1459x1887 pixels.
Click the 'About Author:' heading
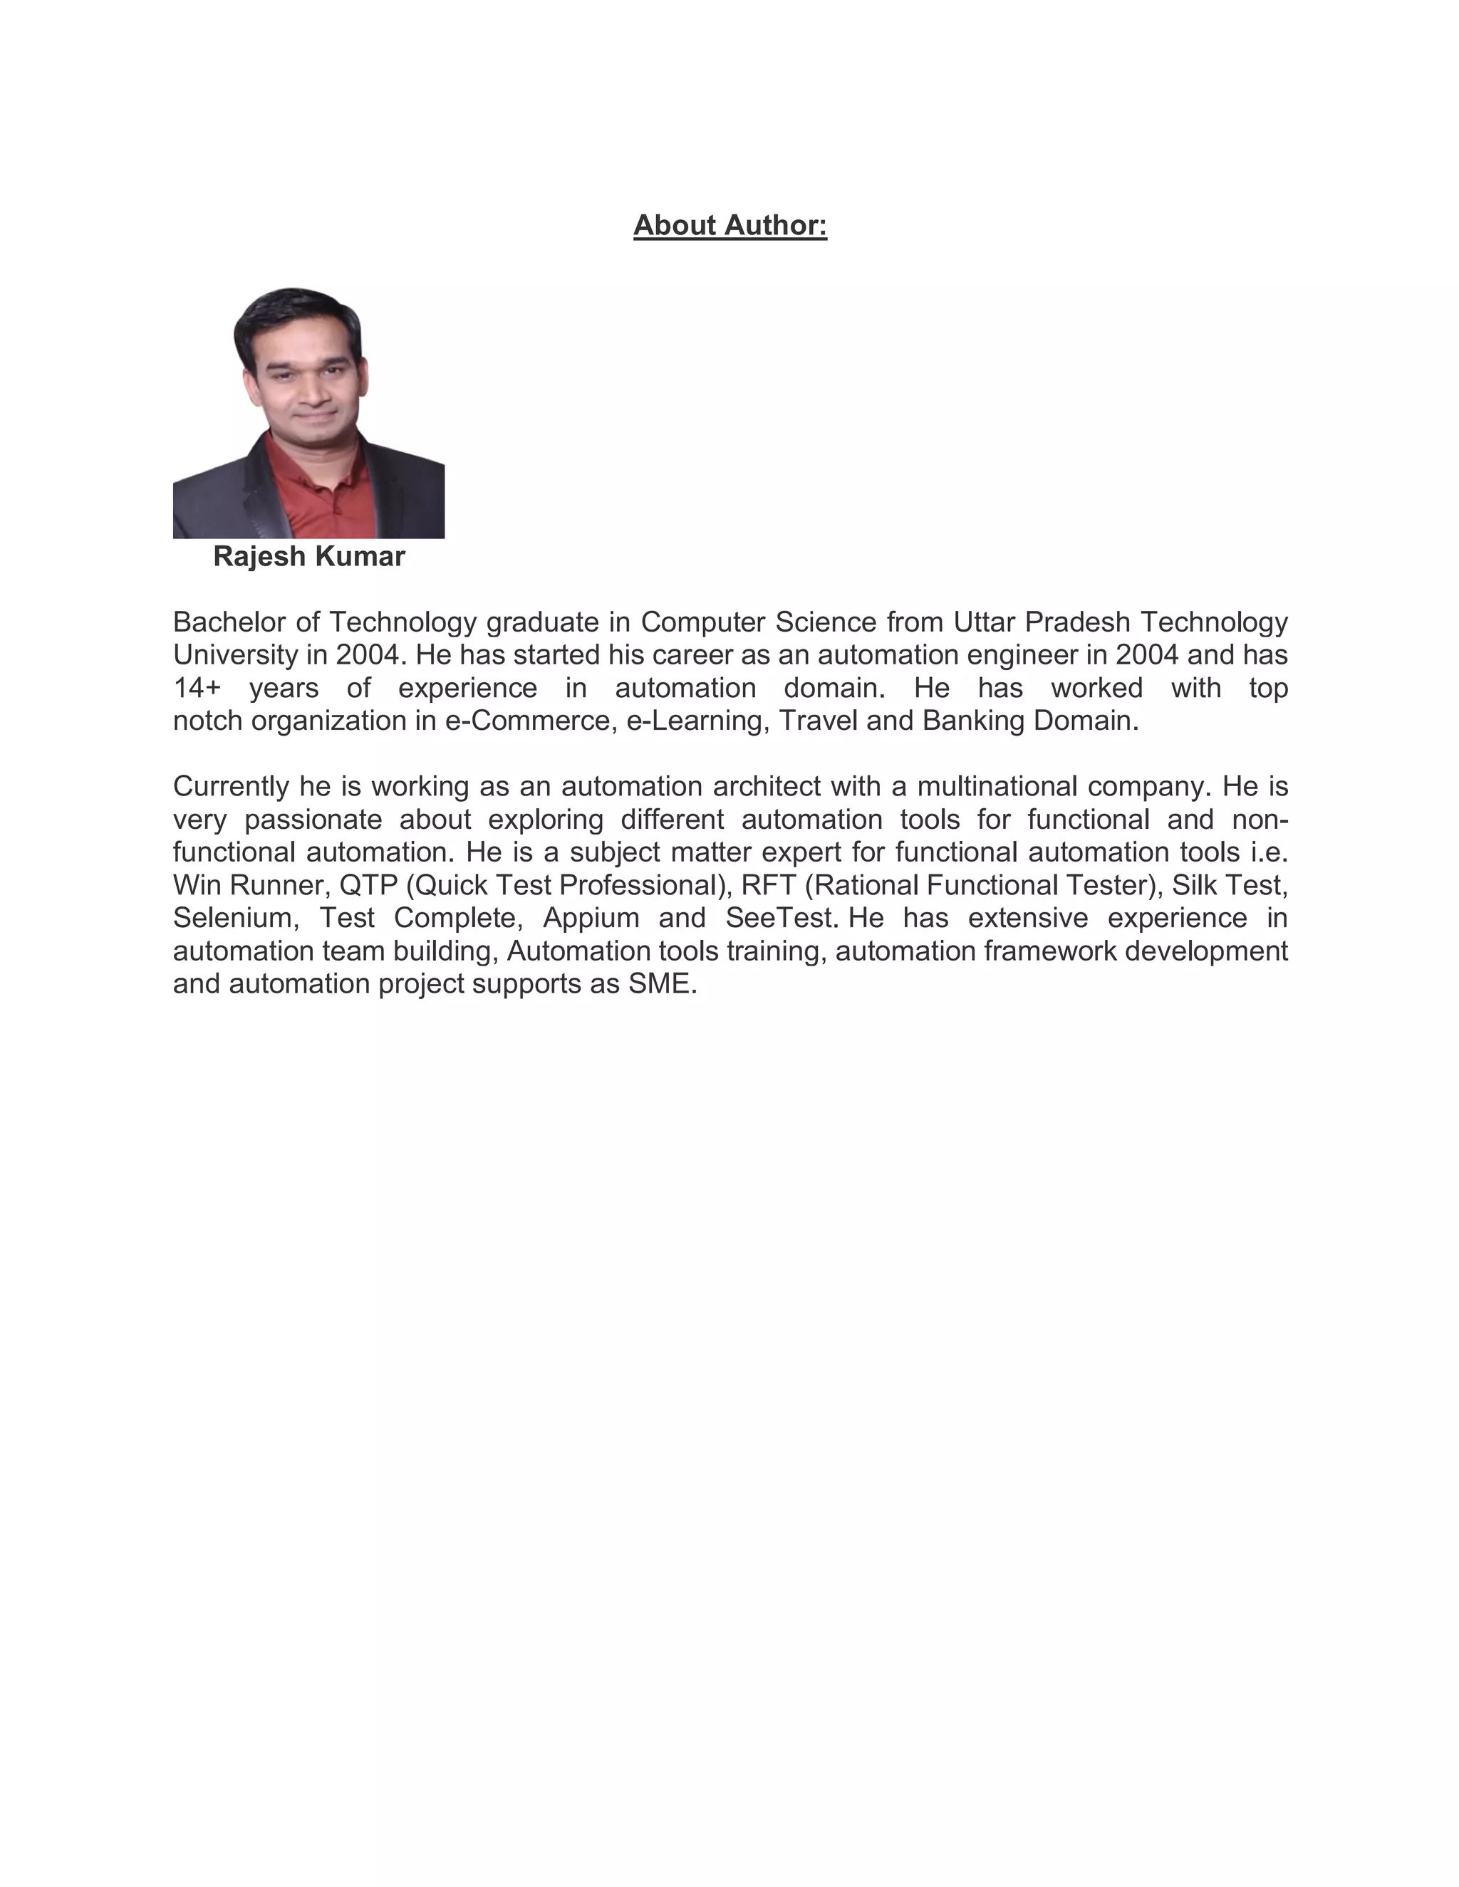(729, 226)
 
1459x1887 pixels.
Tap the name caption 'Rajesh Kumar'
(308, 556)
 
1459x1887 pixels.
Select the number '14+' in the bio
(197, 688)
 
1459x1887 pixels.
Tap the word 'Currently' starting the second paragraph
(231, 786)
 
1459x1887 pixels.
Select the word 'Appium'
(591, 918)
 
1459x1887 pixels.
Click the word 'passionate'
(313, 819)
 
